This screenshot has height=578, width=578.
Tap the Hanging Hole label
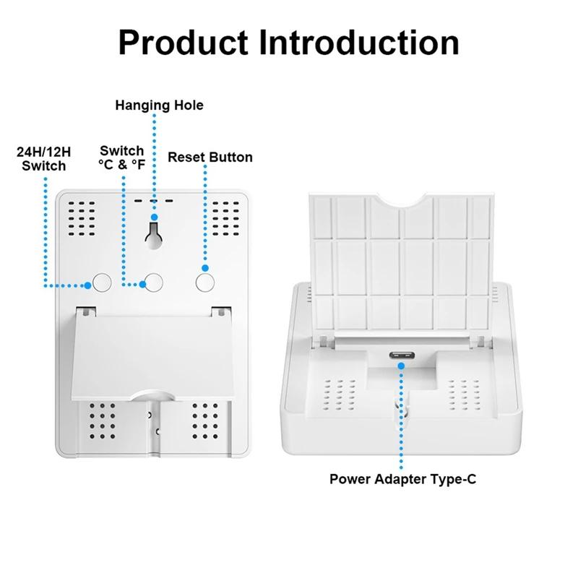click(159, 105)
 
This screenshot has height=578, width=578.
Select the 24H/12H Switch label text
click(43, 159)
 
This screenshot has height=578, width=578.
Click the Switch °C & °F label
click(121, 158)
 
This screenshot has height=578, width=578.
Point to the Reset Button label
click(210, 157)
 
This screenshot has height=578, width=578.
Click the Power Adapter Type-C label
click(403, 478)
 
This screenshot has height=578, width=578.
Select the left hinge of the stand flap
click(87, 311)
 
